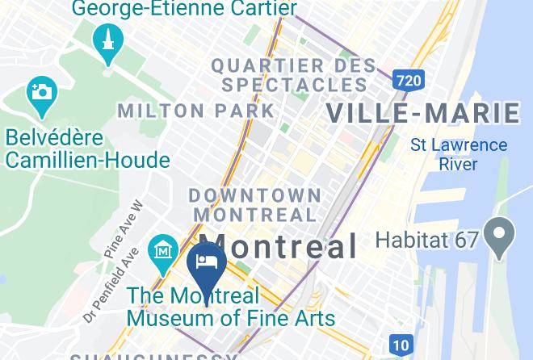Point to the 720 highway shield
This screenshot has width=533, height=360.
(409, 79)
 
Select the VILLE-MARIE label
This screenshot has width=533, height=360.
(423, 113)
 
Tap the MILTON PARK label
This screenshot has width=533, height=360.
(195, 111)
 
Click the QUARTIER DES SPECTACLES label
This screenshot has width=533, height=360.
(293, 74)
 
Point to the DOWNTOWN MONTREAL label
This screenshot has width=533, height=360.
(255, 205)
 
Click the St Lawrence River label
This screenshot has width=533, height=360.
(459, 154)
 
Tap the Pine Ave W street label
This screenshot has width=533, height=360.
(123, 229)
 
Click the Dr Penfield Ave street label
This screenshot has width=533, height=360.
(112, 284)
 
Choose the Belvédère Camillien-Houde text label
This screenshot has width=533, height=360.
(87, 149)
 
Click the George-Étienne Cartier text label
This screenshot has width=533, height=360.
(184, 9)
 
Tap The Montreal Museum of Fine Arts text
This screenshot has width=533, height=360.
(231, 307)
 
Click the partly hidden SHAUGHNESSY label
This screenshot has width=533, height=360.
(153, 356)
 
